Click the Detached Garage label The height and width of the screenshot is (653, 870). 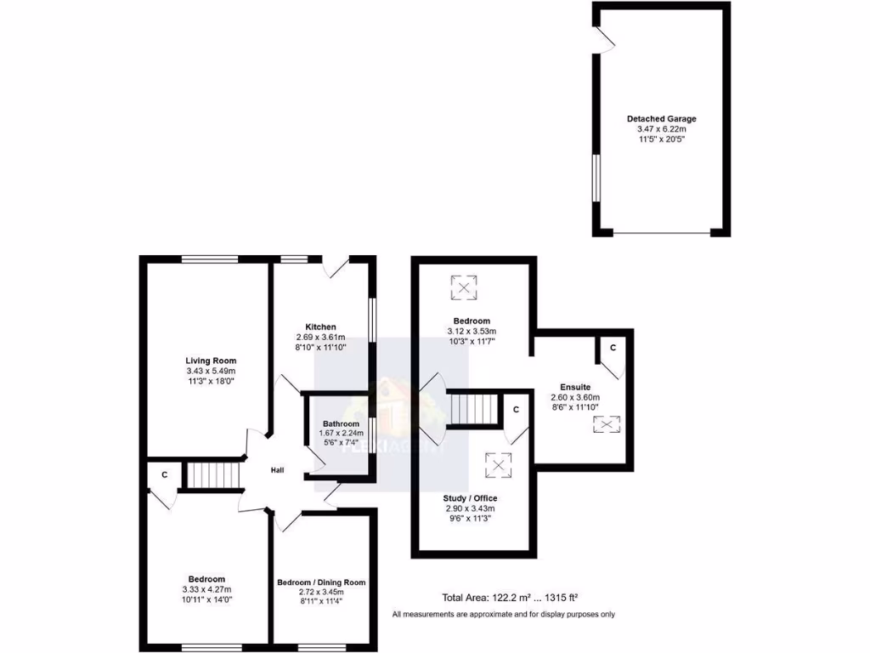click(x=661, y=119)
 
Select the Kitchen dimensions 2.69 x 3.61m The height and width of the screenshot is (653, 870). click(x=320, y=337)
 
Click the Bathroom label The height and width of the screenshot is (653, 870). click(x=341, y=423)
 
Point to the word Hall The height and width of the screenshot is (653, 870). click(x=278, y=470)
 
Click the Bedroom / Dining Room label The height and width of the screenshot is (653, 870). click(x=321, y=582)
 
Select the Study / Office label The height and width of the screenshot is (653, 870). click(x=470, y=498)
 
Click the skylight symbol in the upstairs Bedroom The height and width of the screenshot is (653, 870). click(x=463, y=288)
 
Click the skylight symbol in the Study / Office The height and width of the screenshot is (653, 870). click(x=498, y=464)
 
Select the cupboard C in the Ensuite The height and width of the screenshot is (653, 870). click(x=611, y=348)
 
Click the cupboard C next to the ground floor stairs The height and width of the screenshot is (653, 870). click(x=164, y=475)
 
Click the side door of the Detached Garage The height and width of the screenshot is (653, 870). click(x=604, y=38)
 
